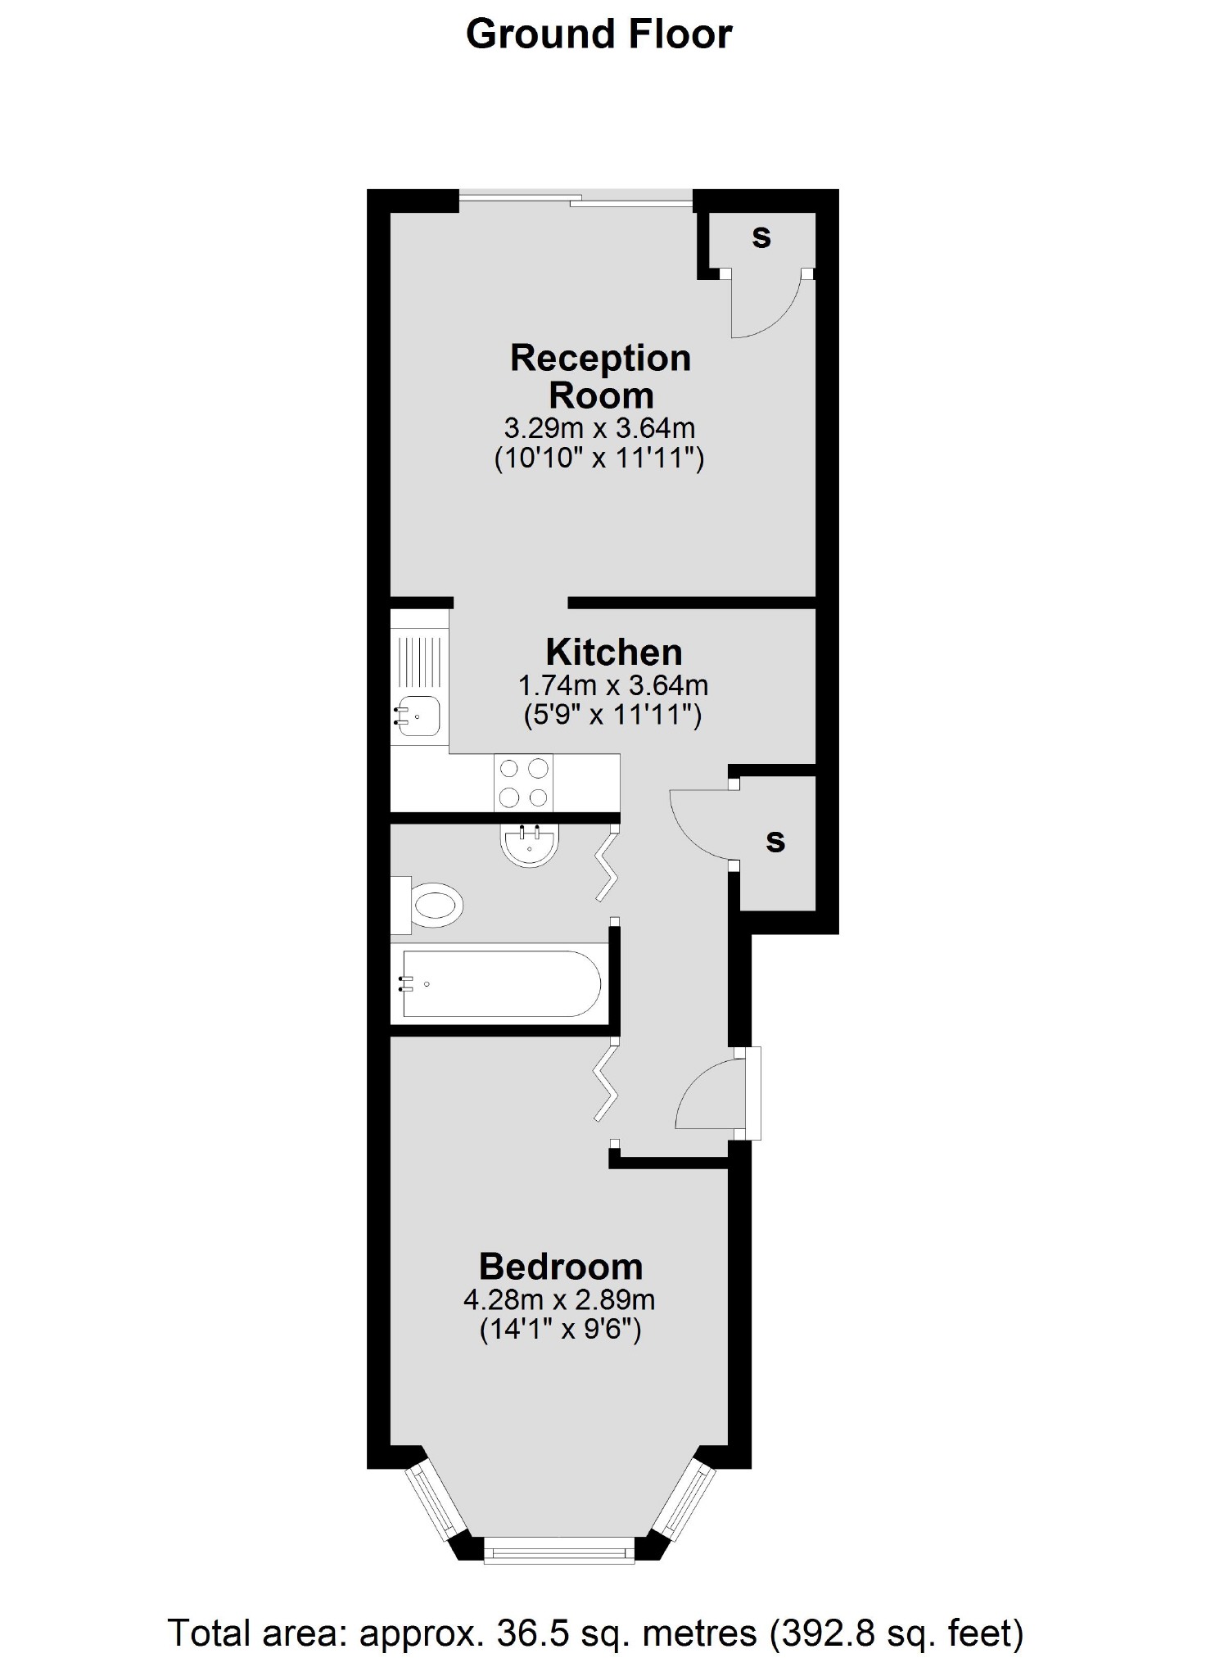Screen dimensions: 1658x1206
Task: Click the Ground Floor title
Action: [x=598, y=35]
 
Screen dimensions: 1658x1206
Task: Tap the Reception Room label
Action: [x=600, y=377]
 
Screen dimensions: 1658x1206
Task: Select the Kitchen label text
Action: [x=614, y=653]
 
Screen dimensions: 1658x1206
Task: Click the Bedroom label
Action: [x=561, y=1267]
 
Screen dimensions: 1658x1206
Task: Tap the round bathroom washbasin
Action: [x=528, y=844]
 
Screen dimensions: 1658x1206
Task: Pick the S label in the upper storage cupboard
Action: [x=761, y=237]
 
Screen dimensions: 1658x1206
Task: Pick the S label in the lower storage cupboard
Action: [x=775, y=841]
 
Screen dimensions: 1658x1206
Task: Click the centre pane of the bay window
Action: [x=560, y=1548]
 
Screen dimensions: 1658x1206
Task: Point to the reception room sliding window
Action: [x=576, y=197]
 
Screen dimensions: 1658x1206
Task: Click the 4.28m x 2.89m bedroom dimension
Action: [x=559, y=1299]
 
